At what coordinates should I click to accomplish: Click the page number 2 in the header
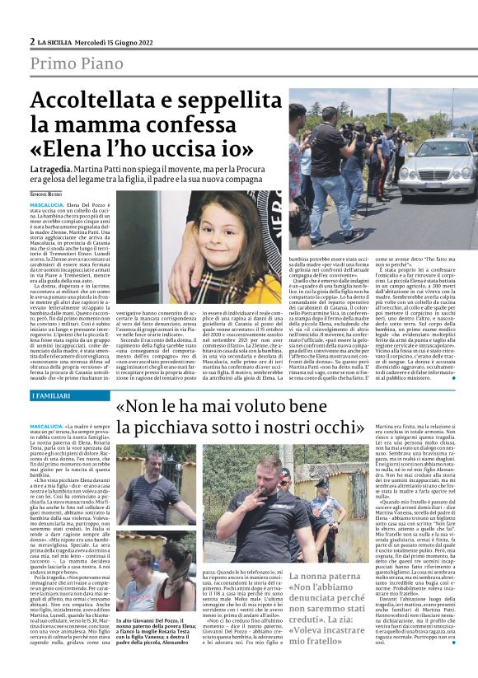[32, 41]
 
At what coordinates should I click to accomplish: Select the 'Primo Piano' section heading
[78, 63]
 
